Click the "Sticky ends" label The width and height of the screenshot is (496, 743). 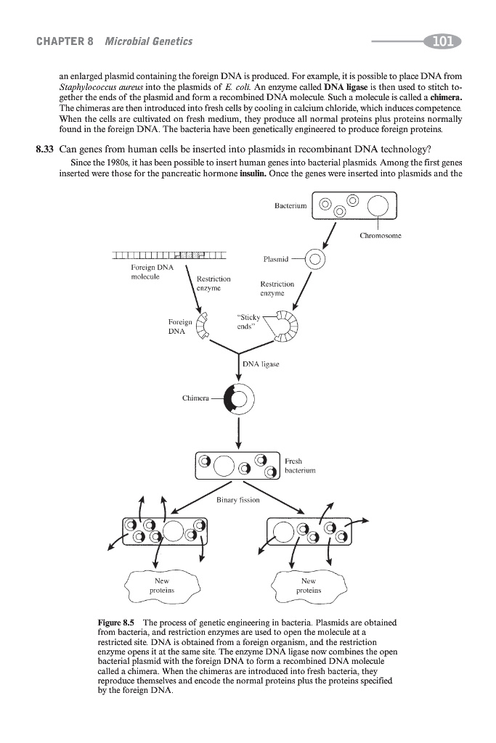[245, 321]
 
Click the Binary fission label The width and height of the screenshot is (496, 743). [237, 500]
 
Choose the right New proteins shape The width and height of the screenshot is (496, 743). [309, 585]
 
